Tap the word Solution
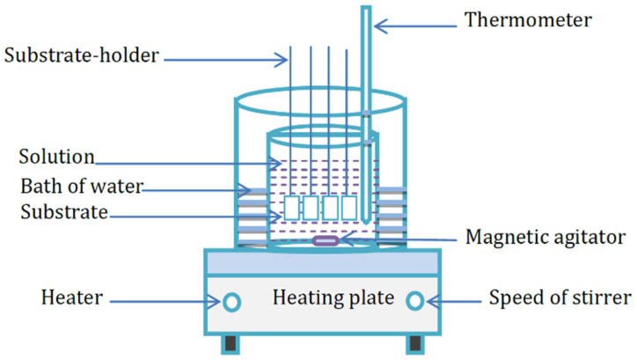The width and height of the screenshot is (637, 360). coord(56,158)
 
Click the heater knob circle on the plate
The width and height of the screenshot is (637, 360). coord(231,302)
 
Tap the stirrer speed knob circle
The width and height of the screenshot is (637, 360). coord(415,302)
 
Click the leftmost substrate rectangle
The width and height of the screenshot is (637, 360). coord(293,209)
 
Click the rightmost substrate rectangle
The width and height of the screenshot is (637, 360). coord(348,209)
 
